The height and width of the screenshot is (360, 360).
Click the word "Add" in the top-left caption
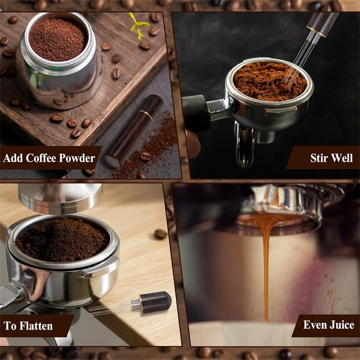click(14, 158)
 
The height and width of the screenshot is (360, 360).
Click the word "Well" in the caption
click(343, 158)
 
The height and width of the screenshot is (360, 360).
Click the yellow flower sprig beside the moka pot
click(138, 25)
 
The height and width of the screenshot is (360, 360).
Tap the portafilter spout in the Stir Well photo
click(246, 148)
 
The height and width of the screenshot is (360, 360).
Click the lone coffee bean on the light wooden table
click(161, 234)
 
